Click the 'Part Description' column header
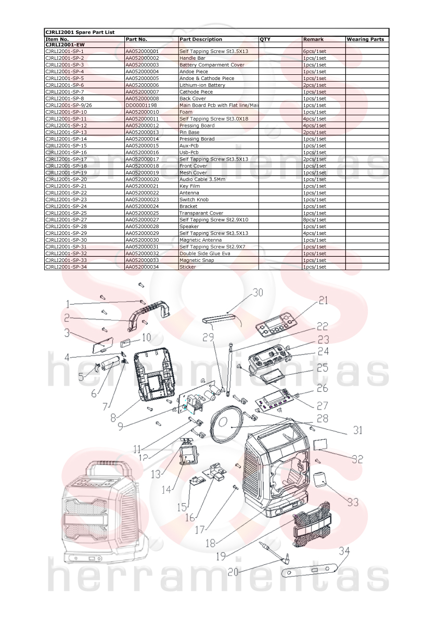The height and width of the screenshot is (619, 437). point(201,39)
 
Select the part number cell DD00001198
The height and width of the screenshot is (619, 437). point(141,106)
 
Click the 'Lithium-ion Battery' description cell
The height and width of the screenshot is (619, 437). point(202,85)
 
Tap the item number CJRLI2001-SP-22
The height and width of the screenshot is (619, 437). point(66,193)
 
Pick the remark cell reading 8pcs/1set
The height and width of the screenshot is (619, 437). point(315,220)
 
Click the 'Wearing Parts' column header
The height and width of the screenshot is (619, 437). point(365,39)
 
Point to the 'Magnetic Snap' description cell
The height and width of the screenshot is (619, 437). point(197,260)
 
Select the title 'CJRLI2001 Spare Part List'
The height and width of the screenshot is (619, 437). point(80,32)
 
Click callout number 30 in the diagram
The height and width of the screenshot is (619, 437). point(258,293)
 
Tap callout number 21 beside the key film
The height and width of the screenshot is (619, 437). point(323,301)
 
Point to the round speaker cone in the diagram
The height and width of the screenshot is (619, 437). point(224,425)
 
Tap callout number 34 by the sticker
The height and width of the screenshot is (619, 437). point(344,551)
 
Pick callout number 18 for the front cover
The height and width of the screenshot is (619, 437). point(211,543)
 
